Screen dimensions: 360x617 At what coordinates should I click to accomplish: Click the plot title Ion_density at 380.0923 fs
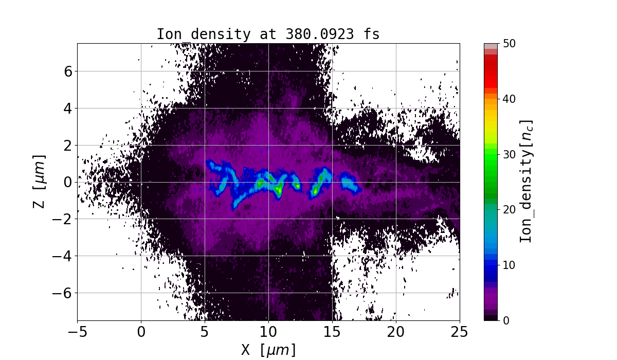(268, 34)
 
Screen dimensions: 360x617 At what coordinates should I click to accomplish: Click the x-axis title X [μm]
(268, 350)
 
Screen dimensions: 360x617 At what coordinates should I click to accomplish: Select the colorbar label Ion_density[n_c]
(525, 182)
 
